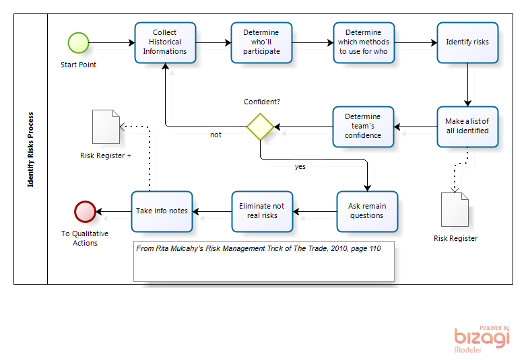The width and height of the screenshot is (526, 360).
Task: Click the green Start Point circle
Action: point(78,42)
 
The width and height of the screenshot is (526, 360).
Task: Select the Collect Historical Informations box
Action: point(165,42)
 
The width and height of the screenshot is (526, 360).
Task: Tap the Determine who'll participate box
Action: point(261,42)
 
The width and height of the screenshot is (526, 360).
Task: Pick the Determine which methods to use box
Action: point(363,42)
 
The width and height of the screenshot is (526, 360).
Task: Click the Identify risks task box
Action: point(467,42)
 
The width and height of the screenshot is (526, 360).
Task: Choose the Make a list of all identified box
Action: point(467,127)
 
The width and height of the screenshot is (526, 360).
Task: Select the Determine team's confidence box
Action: point(363,127)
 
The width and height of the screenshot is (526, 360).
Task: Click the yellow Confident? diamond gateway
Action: point(260,127)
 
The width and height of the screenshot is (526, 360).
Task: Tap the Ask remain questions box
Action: point(366,211)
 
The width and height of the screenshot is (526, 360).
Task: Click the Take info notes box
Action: point(162,211)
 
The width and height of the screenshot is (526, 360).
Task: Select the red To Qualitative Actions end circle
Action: point(85,211)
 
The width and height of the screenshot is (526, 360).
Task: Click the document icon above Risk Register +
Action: point(106,127)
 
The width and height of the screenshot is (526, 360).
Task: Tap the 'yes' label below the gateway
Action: point(300,166)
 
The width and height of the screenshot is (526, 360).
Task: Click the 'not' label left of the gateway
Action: point(216,135)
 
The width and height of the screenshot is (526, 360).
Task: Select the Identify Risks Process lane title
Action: point(31,149)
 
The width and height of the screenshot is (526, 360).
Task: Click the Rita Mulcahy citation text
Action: point(259,248)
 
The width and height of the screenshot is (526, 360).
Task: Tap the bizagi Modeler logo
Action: point(482,339)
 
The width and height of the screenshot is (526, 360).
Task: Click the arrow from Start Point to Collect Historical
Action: point(111,42)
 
